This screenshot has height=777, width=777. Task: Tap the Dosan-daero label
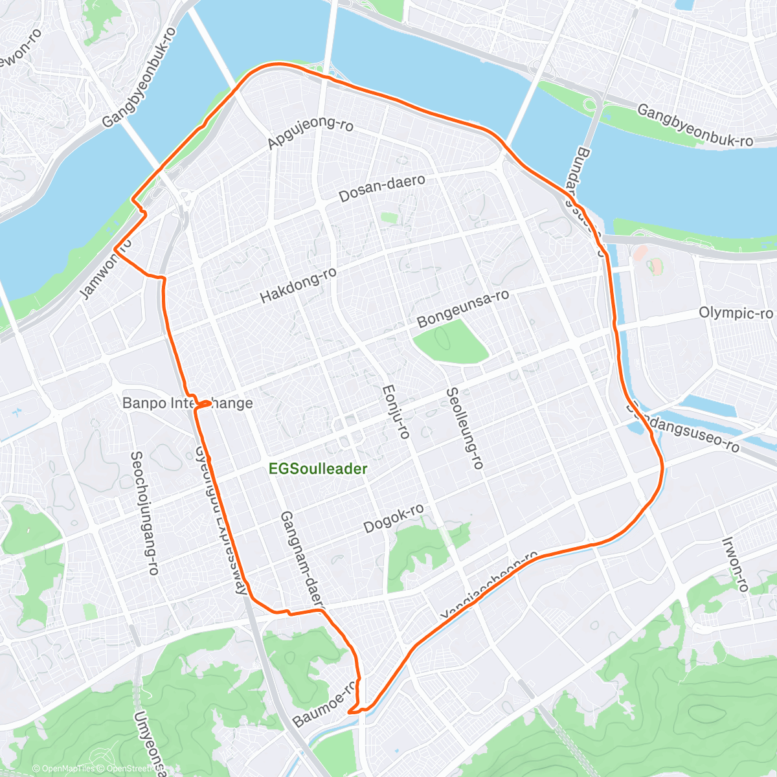[382, 188]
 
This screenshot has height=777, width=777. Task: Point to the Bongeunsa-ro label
[462, 308]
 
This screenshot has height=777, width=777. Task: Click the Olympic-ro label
[736, 313]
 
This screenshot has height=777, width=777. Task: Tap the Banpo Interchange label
[187, 403]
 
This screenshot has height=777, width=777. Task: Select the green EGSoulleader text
[318, 469]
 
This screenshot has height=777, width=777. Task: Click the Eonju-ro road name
[396, 412]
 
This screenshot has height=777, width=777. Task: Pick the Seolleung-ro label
[464, 428]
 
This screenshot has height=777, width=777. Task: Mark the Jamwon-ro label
[105, 269]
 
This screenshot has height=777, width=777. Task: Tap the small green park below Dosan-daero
[388, 218]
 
